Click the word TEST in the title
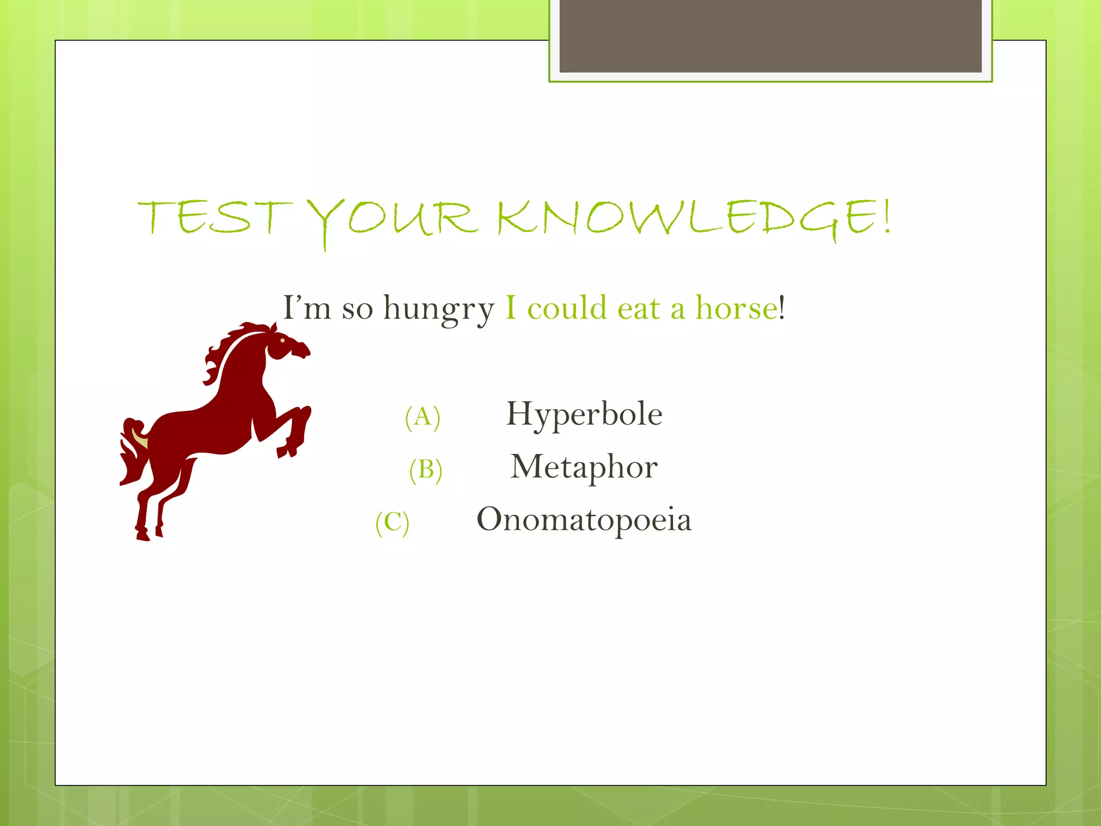point(215,218)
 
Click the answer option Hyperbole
point(584,414)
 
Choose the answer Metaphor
point(584,466)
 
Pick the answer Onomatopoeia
point(584,519)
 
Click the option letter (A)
point(423,417)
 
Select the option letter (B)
point(426,469)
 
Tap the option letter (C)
point(392,522)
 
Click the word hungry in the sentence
point(438,309)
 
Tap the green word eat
point(639,309)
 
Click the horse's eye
point(283,340)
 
